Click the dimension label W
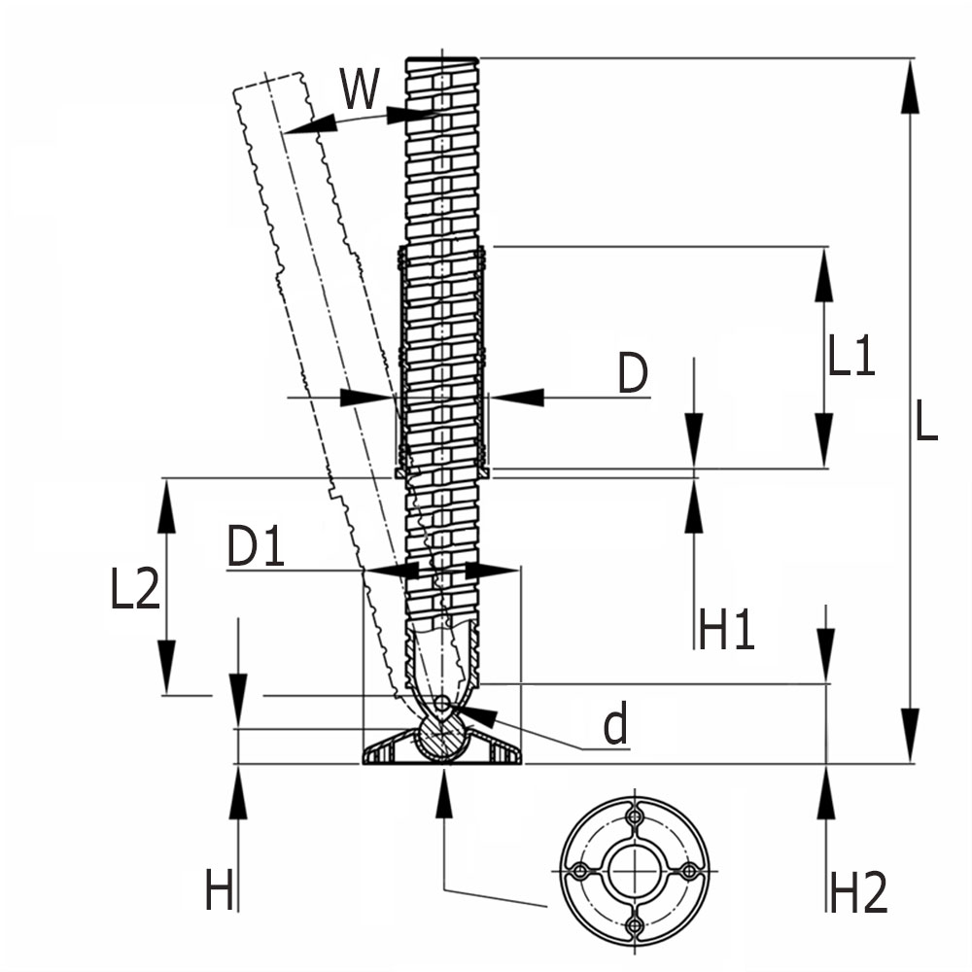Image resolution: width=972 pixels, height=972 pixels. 359,90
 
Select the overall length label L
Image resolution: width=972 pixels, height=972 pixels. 926,420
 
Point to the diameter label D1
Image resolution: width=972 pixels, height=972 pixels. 256,547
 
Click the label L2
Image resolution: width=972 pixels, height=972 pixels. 135,587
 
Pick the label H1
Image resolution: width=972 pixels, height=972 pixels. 726,629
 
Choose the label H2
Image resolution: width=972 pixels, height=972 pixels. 857,891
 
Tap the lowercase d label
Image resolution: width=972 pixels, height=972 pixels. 615,725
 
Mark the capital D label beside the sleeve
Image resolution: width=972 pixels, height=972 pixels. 633,374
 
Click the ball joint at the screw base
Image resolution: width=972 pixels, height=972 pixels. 443,738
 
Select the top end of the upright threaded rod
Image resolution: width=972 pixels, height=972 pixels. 441,60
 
